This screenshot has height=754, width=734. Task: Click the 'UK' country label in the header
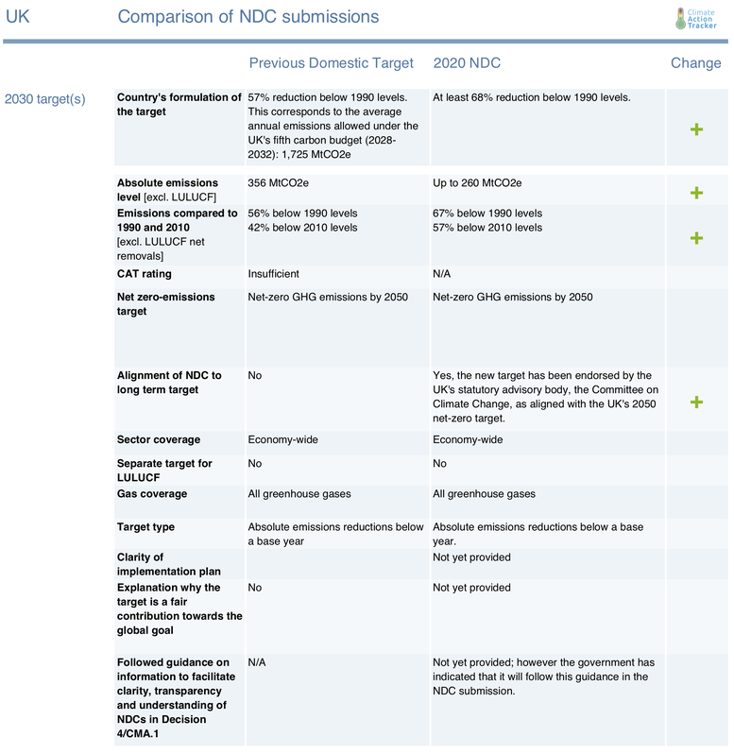18,17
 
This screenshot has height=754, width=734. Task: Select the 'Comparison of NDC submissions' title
248,17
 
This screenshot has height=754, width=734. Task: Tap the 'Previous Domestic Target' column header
331,63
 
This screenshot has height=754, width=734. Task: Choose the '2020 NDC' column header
467,63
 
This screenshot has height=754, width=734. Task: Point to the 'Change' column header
695,63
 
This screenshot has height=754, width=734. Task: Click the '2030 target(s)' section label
45,98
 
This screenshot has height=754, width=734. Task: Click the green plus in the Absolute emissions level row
696,193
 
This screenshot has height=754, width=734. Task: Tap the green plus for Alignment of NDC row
696,402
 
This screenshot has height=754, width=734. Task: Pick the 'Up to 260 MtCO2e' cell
477,183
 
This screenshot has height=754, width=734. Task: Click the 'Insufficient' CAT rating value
273,274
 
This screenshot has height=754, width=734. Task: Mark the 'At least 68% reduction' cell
531,97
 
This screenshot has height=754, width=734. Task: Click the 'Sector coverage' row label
159,440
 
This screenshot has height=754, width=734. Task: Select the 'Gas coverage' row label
152,494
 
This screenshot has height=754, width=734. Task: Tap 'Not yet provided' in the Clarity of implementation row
471,557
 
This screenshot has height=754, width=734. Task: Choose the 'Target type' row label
145,527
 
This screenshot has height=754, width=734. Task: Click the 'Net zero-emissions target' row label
166,304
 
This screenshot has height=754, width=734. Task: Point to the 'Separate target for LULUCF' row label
164,471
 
